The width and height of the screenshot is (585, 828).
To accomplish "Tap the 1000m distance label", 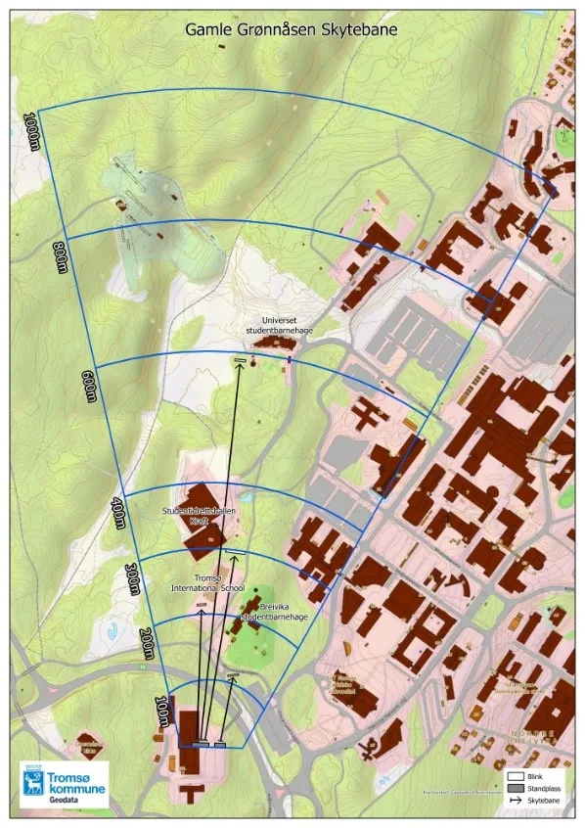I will (33, 131).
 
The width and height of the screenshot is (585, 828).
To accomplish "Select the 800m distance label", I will (62, 258).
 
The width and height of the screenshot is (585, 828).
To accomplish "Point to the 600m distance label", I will (89, 386).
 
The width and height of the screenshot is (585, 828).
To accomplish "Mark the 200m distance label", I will (148, 642).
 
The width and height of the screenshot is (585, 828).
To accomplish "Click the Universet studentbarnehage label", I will (280, 326).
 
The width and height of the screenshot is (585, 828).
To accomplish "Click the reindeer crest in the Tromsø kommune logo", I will (33, 783).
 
